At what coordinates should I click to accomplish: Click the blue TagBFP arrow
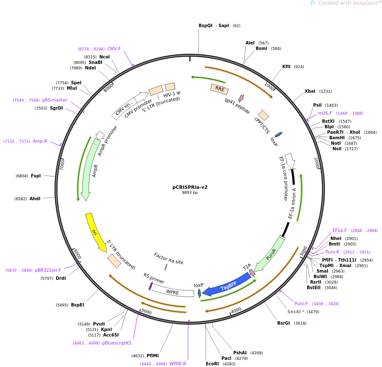pyautogui.click(x=227, y=285)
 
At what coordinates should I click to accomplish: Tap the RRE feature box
pyautogui.click(x=219, y=89)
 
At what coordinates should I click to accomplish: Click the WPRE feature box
pyautogui.click(x=172, y=290)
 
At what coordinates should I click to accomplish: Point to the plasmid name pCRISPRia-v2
pyautogui.click(x=190, y=187)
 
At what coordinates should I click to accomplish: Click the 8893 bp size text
pyautogui.click(x=190, y=193)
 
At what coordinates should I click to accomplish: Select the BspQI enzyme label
pyautogui.click(x=205, y=26)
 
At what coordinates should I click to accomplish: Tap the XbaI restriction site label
pyautogui.click(x=310, y=91)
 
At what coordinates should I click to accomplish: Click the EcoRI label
pyautogui.click(x=212, y=364)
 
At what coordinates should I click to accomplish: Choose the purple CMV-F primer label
pyautogui.click(x=114, y=49)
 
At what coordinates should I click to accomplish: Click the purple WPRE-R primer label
pyautogui.click(x=177, y=364)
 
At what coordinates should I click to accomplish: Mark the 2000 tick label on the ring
pyautogui.click(x=317, y=163)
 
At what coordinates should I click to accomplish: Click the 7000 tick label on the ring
pyautogui.click(x=63, y=165)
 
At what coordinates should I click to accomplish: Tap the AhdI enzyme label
pyautogui.click(x=35, y=199)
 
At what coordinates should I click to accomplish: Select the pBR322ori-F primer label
pyautogui.click(x=48, y=270)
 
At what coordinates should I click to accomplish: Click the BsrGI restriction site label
pyautogui.click(x=284, y=323)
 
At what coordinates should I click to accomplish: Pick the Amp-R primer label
pyautogui.click(x=40, y=141)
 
